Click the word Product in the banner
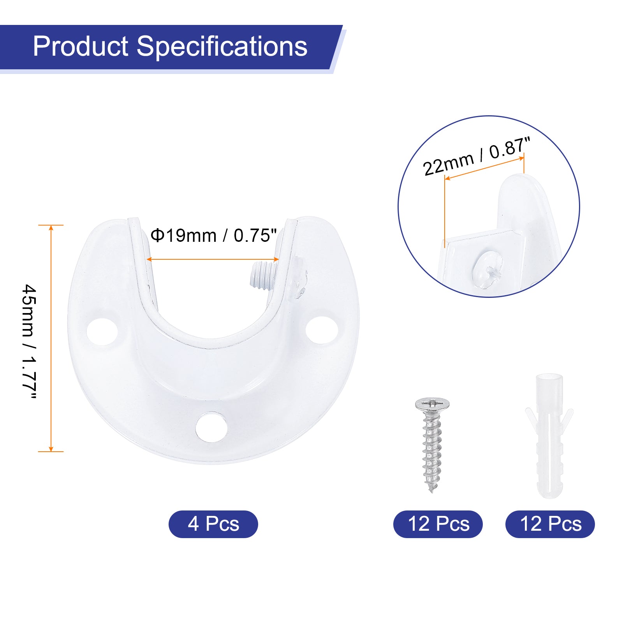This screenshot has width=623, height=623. (x=81, y=46)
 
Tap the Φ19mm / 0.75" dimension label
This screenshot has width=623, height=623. (x=214, y=236)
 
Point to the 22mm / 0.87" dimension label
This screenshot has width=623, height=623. (x=477, y=157)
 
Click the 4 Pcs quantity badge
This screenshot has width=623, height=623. (x=213, y=524)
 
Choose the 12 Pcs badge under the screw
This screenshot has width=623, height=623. (x=438, y=524)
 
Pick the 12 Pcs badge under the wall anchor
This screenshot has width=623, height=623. (x=550, y=524)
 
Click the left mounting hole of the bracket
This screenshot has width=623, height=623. (x=102, y=332)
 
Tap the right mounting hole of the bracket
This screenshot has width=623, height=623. (x=322, y=330)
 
